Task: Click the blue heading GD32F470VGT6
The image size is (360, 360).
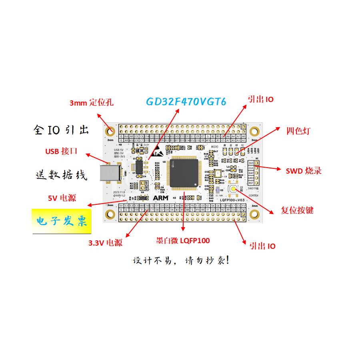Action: pos(186,102)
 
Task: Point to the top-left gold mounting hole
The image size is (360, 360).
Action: pos(110,131)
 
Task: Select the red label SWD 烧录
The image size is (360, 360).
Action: pos(304,171)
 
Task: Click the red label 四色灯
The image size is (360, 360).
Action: pos(298,131)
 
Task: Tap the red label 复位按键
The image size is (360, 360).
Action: pos(297,210)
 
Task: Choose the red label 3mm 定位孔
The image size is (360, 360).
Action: pos(91,103)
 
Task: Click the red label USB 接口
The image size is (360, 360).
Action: pos(61,151)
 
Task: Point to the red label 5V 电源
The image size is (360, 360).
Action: pos(62,198)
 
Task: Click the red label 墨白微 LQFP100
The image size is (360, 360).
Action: pos(183,241)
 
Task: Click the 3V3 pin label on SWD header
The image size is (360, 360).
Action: pos(251,163)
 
